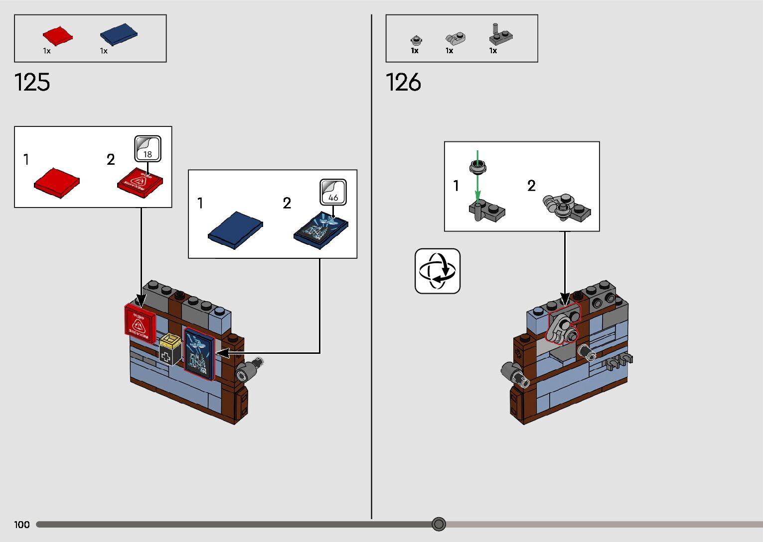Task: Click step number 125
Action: pos(32,82)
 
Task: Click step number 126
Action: pos(403,82)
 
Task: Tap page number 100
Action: pos(22,525)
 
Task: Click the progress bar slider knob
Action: pos(439,524)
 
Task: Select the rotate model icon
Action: pos(438,271)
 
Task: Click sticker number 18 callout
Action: pos(148,149)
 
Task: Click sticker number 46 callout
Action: pos(333,192)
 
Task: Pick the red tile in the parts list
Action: pos(57,36)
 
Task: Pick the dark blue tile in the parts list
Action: pos(119,34)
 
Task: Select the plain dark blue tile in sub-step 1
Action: pos(235,229)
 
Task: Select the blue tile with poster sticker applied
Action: pos(321,230)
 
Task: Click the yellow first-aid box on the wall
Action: pos(170,349)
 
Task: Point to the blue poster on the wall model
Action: pos(199,354)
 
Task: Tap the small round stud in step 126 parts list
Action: pos(415,40)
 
